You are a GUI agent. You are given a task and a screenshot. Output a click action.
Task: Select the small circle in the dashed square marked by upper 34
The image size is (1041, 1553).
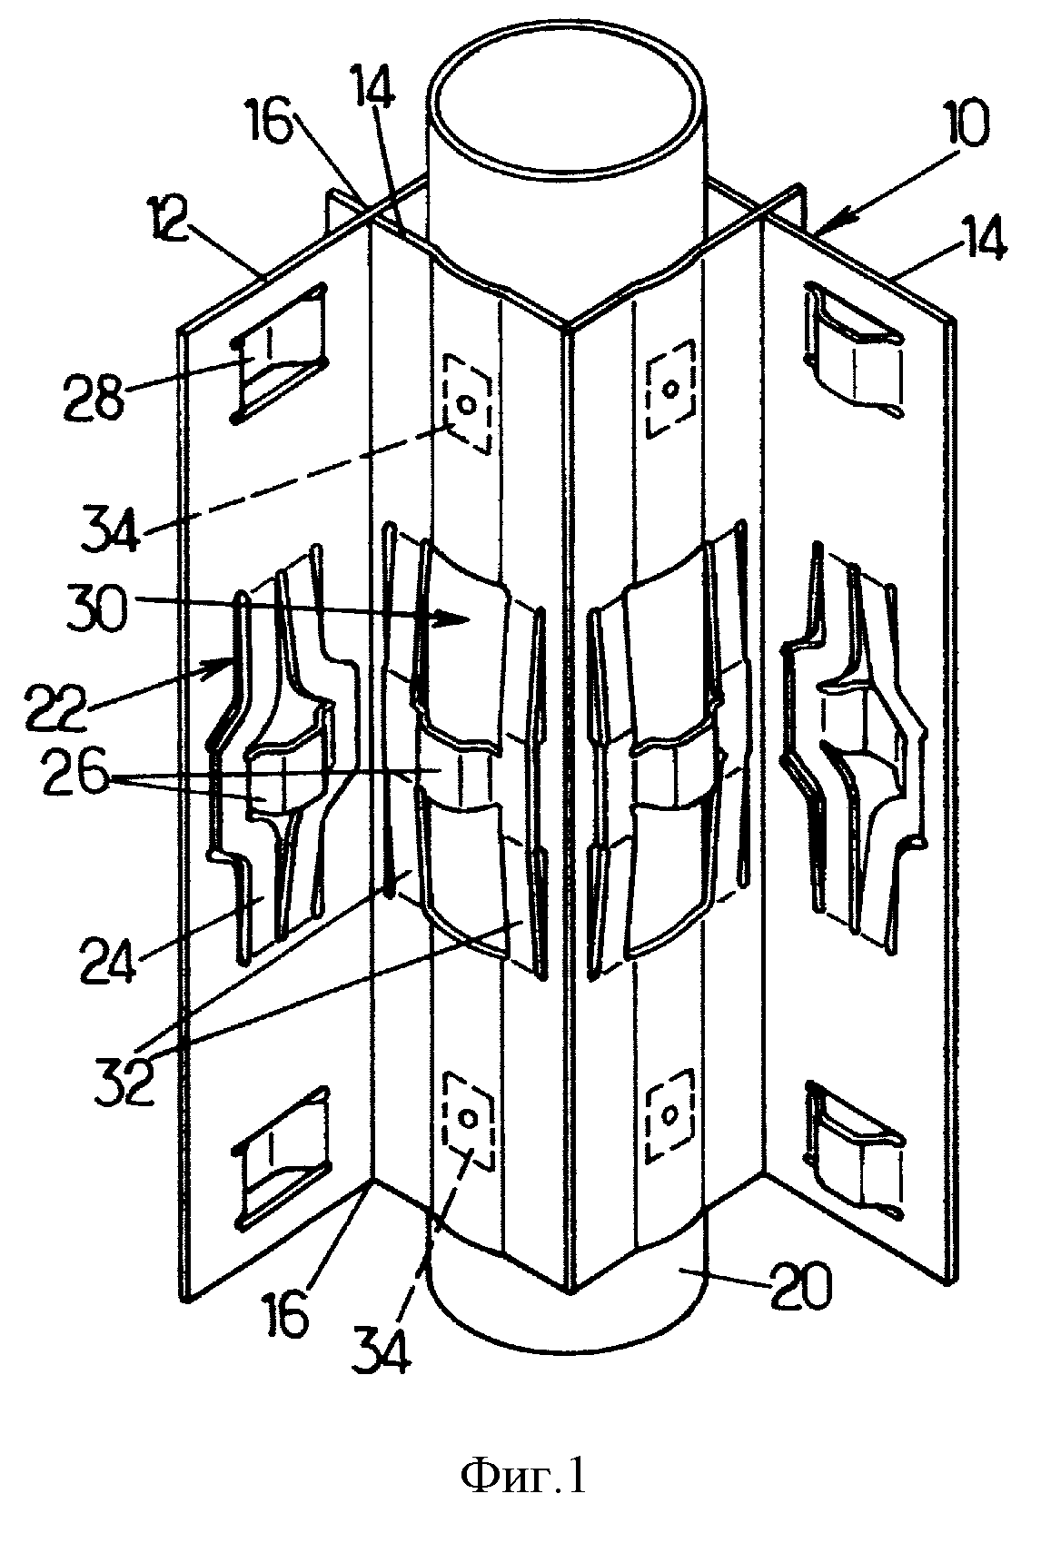(467, 403)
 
